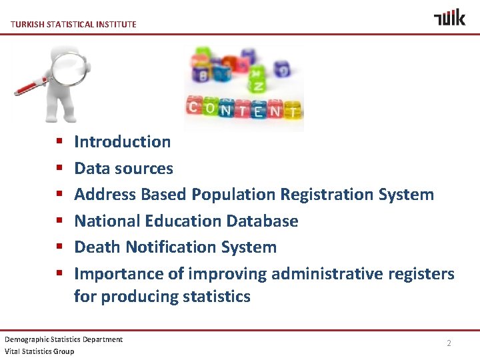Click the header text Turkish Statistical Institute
(74, 25)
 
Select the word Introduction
(123, 141)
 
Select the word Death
(97, 247)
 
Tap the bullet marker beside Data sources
(59, 169)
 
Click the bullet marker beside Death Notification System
(59, 247)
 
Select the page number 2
(449, 343)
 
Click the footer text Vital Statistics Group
(39, 351)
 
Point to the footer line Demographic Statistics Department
(64, 339)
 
